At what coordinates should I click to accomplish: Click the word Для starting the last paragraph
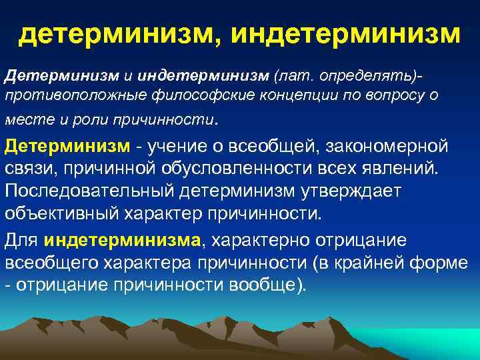[x=21, y=239]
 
